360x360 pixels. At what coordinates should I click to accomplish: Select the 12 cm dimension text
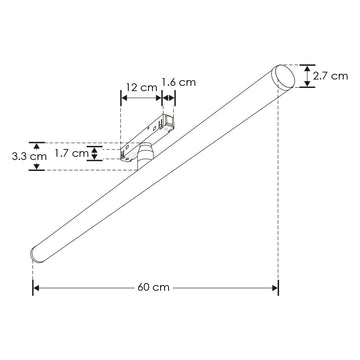(140, 87)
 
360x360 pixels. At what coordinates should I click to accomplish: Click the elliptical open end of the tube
(284, 75)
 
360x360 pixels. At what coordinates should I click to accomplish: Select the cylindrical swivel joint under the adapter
(146, 154)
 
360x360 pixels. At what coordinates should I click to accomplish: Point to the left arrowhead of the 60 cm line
(37, 289)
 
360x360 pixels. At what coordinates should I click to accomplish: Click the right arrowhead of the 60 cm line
(276, 289)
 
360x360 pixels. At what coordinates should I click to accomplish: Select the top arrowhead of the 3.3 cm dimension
(37, 141)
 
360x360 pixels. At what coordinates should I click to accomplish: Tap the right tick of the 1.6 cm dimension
(176, 98)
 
